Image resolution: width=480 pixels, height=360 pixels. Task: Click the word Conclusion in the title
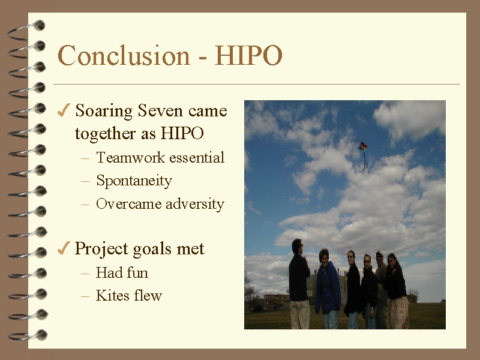[x=124, y=55]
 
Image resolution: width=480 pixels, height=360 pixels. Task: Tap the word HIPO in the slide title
[x=248, y=55]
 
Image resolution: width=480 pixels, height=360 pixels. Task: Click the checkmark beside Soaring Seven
[x=64, y=110]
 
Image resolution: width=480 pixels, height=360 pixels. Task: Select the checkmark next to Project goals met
[x=64, y=248]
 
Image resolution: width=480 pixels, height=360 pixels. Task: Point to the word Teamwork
[x=131, y=158]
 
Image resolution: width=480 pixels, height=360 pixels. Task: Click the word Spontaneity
[x=134, y=181]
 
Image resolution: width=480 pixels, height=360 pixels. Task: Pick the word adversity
[x=195, y=204]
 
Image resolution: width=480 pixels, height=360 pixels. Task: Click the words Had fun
[x=122, y=272]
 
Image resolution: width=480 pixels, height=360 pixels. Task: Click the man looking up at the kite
[x=299, y=284]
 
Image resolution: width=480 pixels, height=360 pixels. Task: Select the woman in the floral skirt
[x=397, y=291]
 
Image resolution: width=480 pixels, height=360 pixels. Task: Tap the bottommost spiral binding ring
[x=28, y=336]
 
